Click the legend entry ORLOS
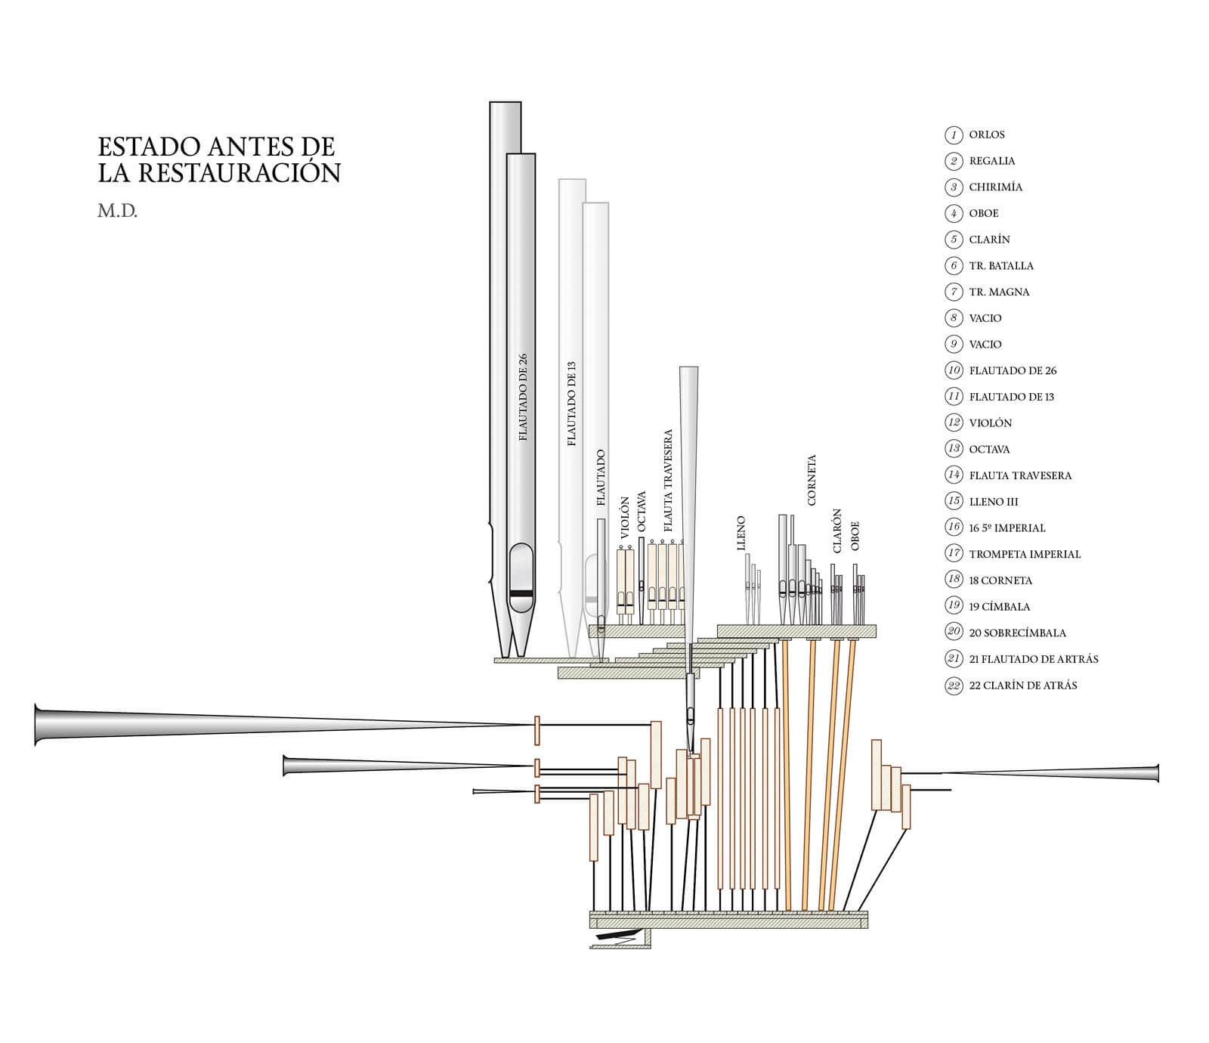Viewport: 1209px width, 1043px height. tap(987, 135)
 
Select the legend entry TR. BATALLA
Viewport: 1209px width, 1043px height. tap(1001, 265)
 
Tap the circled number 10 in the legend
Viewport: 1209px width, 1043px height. tap(954, 370)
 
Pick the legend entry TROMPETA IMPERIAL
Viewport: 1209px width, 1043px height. tap(1025, 554)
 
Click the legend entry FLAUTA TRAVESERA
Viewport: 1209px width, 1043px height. tap(1020, 475)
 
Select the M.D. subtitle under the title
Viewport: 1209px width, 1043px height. tap(117, 211)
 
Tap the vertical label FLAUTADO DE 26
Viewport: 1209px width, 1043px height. tap(523, 398)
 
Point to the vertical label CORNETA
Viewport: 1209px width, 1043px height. tap(812, 480)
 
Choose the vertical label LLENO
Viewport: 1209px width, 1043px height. tap(741, 533)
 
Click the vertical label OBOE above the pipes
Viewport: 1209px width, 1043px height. tap(855, 536)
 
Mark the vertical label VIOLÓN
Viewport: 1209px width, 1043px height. tap(624, 517)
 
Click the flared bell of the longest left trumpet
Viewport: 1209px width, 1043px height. tap(39, 724)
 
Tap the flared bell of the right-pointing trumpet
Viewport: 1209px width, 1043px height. tap(1155, 773)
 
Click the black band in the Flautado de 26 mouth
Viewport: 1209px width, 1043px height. tap(521, 594)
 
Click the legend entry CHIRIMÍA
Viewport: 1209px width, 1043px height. tap(995, 187)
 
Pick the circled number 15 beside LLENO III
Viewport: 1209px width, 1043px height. tap(954, 501)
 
